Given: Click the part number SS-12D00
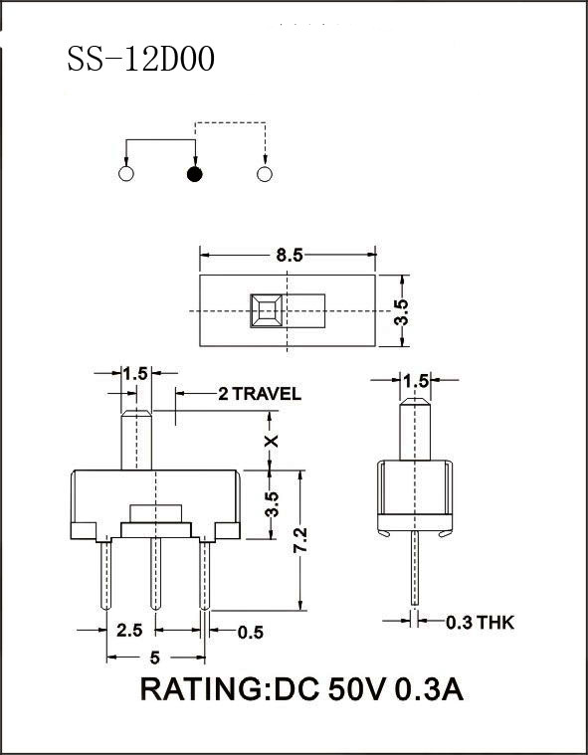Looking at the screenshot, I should coord(140,60).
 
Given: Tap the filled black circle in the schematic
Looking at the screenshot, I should coord(195,175).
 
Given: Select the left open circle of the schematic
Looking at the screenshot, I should coord(125,175).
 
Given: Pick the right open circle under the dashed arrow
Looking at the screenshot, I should coord(264,175).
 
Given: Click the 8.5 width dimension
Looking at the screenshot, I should coord(290,255).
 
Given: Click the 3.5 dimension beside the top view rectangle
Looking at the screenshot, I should coord(401,310).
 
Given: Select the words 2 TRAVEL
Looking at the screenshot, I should coord(259,394).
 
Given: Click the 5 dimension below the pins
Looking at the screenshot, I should coord(155,657).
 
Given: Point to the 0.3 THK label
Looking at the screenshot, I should coord(481,623).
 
